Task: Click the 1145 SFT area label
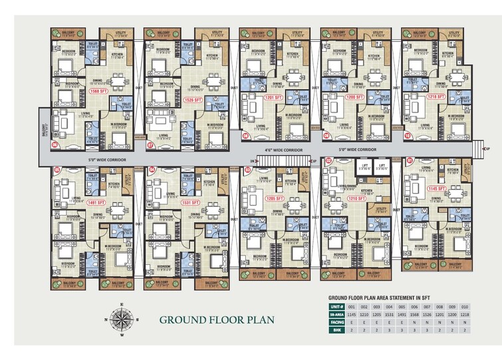click(x=436, y=189)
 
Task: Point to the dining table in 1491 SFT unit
click(x=119, y=210)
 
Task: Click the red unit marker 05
click(x=57, y=170)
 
